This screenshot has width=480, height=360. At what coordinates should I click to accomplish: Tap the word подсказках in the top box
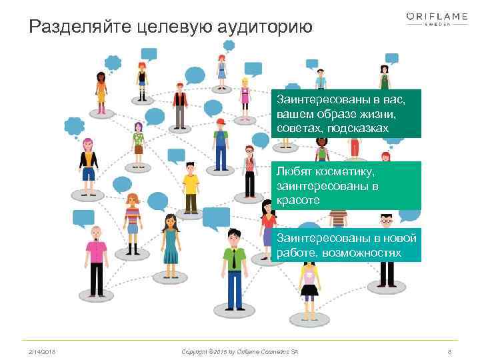pos(355,127)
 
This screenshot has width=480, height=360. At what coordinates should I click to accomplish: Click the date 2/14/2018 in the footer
pos(42,350)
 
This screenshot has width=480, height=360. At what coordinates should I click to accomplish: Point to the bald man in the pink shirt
pos(96,260)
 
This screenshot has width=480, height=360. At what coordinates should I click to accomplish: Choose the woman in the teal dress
pos(171,243)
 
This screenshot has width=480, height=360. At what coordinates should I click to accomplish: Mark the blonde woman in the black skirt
pos(309,280)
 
